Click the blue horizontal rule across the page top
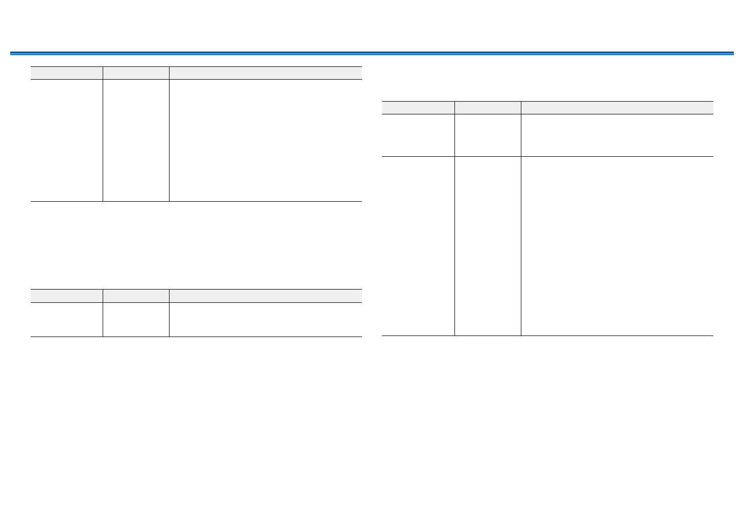pyautogui.click(x=372, y=53)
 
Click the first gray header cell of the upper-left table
pyautogui.click(x=66, y=73)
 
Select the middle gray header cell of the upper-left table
pyautogui.click(x=136, y=73)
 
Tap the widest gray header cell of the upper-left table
pyautogui.click(x=266, y=73)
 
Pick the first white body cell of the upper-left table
pyautogui.click(x=66, y=140)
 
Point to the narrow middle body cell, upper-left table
pyautogui.click(x=136, y=140)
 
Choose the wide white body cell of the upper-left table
pyautogui.click(x=266, y=140)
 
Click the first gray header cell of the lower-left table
pyautogui.click(x=66, y=296)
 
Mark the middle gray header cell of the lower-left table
pyautogui.click(x=136, y=296)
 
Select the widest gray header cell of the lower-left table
pyautogui.click(x=266, y=296)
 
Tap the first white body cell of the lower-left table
pyautogui.click(x=66, y=320)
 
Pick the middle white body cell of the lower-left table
pyautogui.click(x=136, y=320)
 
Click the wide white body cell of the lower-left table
pyautogui.click(x=266, y=320)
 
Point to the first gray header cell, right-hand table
pyautogui.click(x=418, y=107)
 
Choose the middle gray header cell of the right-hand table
pyautogui.click(x=488, y=107)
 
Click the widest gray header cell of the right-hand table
pyautogui.click(x=617, y=107)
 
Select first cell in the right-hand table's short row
pyautogui.click(x=418, y=135)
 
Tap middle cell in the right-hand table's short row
pyautogui.click(x=488, y=135)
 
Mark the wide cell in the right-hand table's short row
pyautogui.click(x=617, y=135)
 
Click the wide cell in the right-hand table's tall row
pyautogui.click(x=617, y=246)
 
